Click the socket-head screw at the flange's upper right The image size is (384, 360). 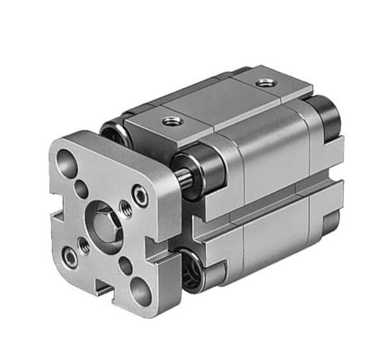[x=140, y=196]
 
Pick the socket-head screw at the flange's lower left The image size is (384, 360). [x=70, y=258]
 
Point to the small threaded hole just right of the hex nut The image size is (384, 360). [x=126, y=207]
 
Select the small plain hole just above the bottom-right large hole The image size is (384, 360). [x=125, y=263]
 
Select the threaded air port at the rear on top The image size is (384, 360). [x=263, y=83]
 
